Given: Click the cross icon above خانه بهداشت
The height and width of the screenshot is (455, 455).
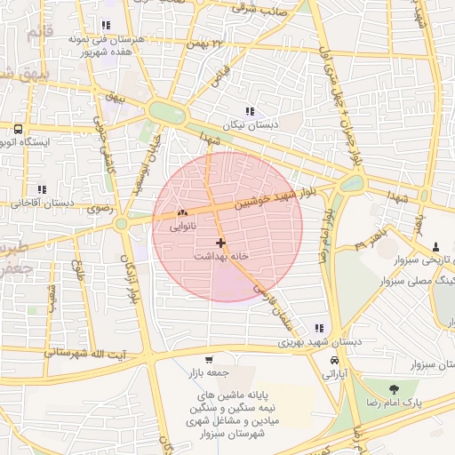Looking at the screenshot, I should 220,242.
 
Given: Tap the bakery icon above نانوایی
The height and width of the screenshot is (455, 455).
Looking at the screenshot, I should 183,213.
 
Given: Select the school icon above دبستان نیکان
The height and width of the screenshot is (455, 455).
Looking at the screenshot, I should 250,111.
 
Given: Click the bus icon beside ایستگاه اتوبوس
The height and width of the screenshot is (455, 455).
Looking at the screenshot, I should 18,129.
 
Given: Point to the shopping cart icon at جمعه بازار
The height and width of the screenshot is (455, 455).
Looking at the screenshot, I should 209,360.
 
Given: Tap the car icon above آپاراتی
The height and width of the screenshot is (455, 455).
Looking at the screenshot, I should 333,362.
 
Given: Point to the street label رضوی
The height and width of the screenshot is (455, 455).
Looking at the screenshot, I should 98,209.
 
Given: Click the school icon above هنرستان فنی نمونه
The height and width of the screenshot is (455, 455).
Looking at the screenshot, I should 107,25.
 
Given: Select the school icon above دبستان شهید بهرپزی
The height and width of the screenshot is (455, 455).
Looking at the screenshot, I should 318,328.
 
